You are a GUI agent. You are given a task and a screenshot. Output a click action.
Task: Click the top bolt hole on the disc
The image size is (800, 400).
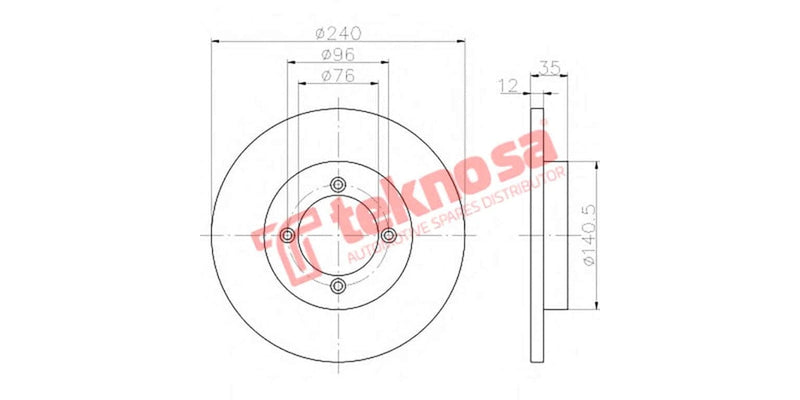tap(338, 183)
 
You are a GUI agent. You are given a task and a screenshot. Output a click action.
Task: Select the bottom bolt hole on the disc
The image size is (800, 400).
tap(338, 286)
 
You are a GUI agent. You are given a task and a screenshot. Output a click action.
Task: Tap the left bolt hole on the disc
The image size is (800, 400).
tap(287, 235)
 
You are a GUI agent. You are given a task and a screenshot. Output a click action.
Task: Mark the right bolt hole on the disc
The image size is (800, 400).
tap(389, 235)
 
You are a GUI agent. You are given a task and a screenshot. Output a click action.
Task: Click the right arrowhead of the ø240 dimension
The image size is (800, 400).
tap(461, 41)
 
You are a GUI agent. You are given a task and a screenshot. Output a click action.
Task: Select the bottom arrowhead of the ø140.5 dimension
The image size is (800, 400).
tap(597, 306)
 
